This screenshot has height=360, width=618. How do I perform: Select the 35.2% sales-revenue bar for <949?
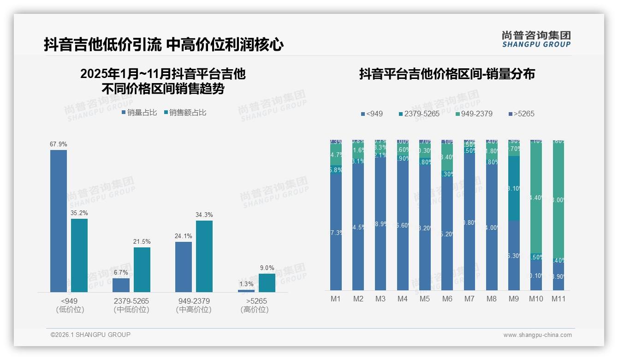click(x=79, y=255)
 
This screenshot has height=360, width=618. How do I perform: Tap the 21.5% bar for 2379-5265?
click(x=142, y=270)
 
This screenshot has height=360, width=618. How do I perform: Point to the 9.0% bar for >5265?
click(x=267, y=282)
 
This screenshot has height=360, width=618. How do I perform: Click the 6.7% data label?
click(x=121, y=272)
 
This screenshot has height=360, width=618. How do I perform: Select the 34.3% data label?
click(x=204, y=215)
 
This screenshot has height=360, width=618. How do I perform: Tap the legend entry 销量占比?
click(x=139, y=112)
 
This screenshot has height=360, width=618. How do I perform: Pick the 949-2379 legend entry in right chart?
click(x=474, y=114)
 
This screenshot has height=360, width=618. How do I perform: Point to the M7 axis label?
click(x=469, y=299)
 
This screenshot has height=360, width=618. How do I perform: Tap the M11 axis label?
click(x=559, y=299)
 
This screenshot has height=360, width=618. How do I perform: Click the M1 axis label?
click(x=336, y=299)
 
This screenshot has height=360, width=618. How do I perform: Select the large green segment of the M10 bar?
click(x=536, y=198)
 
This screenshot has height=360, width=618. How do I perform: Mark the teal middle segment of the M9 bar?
click(x=514, y=188)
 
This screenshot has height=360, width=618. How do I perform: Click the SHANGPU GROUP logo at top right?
click(x=536, y=39)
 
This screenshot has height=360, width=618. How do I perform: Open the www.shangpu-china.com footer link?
click(x=537, y=335)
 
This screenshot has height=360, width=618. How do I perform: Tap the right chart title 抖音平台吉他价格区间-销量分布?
click(x=447, y=74)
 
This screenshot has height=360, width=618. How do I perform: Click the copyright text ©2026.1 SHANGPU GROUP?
click(x=90, y=335)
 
